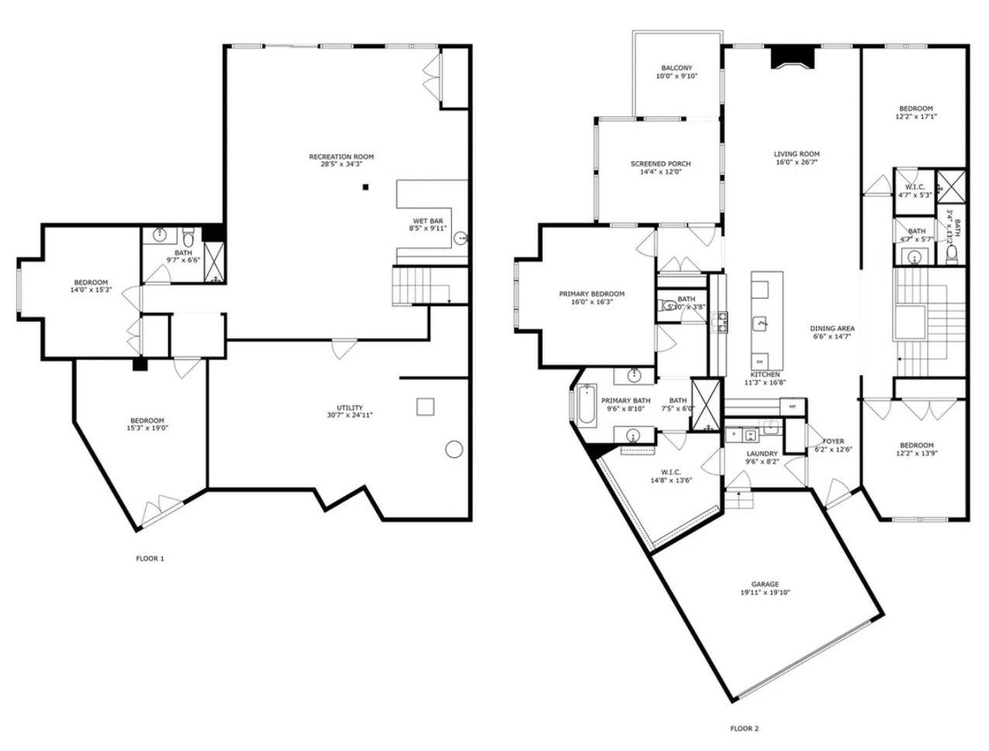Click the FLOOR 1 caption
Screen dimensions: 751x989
(150, 558)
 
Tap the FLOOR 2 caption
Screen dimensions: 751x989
(745, 729)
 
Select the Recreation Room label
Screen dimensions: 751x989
(341, 157)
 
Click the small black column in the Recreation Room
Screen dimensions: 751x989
(367, 187)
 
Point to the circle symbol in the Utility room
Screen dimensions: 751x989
(454, 449)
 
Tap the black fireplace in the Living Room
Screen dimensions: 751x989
(793, 58)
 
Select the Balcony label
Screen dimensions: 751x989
(677, 68)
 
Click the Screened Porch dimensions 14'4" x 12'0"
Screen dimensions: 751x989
(660, 173)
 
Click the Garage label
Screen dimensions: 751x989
(764, 584)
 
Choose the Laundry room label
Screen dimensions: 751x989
(762, 454)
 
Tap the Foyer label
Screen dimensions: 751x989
(833, 441)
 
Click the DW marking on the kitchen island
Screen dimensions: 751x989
(759, 362)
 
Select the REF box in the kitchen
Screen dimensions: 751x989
(792, 406)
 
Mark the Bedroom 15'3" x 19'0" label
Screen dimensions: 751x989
(146, 421)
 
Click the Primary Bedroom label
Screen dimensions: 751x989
(591, 295)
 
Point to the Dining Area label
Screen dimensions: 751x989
(833, 329)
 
